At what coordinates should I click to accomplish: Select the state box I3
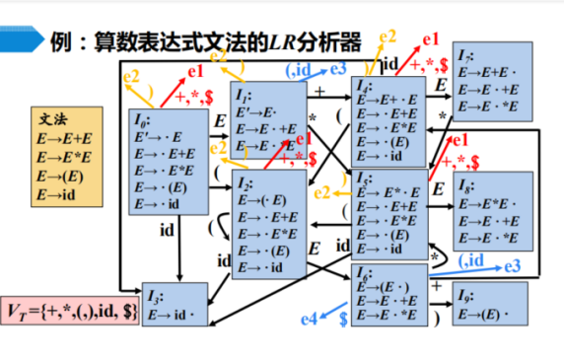click(176, 305)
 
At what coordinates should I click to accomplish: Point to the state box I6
click(391, 295)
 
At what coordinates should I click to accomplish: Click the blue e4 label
click(309, 318)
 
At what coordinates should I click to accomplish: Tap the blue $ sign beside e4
click(343, 318)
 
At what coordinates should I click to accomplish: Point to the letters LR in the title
click(285, 42)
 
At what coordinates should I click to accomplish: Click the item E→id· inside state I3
click(171, 315)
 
